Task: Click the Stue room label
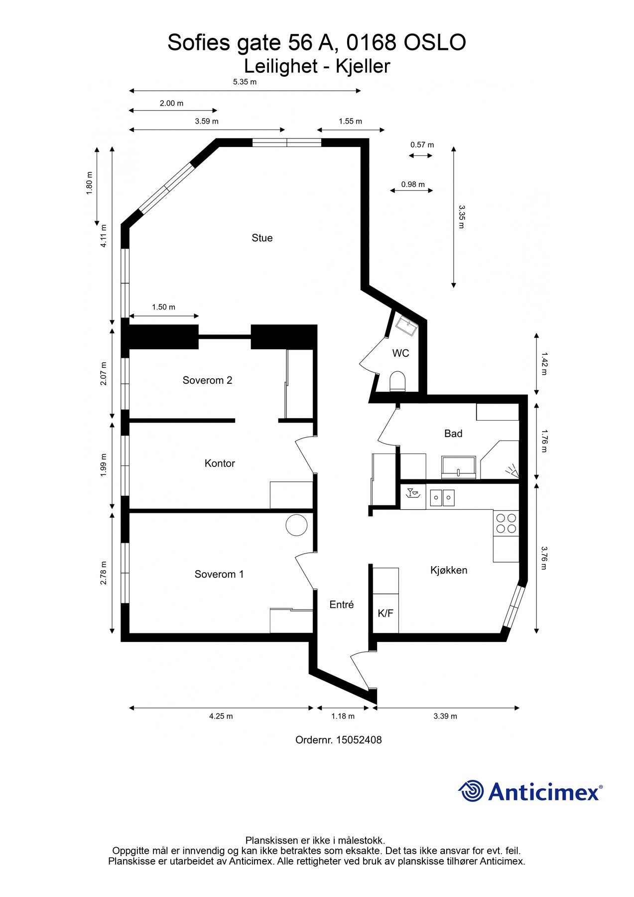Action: click(262, 238)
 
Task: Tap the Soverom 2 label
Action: click(207, 380)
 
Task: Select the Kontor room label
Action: click(220, 463)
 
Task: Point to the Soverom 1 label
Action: click(219, 574)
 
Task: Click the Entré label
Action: click(342, 604)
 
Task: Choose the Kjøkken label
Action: click(449, 570)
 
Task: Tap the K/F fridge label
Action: click(385, 613)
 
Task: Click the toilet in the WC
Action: click(397, 381)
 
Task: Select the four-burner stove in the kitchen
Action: click(506, 522)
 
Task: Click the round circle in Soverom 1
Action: click(296, 525)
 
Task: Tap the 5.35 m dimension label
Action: click(245, 82)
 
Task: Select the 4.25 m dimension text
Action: click(221, 716)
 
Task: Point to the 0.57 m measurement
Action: click(422, 145)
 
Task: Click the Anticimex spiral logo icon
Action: click(471, 791)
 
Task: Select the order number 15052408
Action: click(359, 740)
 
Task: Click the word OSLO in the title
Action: click(434, 43)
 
